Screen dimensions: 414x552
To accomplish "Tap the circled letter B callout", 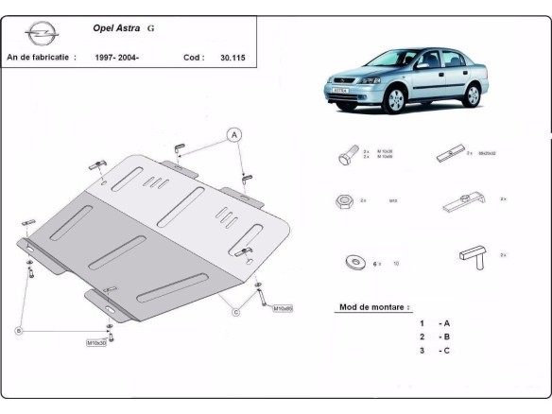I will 18,330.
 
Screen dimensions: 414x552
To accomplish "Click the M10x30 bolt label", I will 97,341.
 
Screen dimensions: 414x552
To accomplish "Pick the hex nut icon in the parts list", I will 342,201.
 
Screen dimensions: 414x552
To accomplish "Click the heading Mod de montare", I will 373,307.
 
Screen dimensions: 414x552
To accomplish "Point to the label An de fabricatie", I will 41,58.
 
